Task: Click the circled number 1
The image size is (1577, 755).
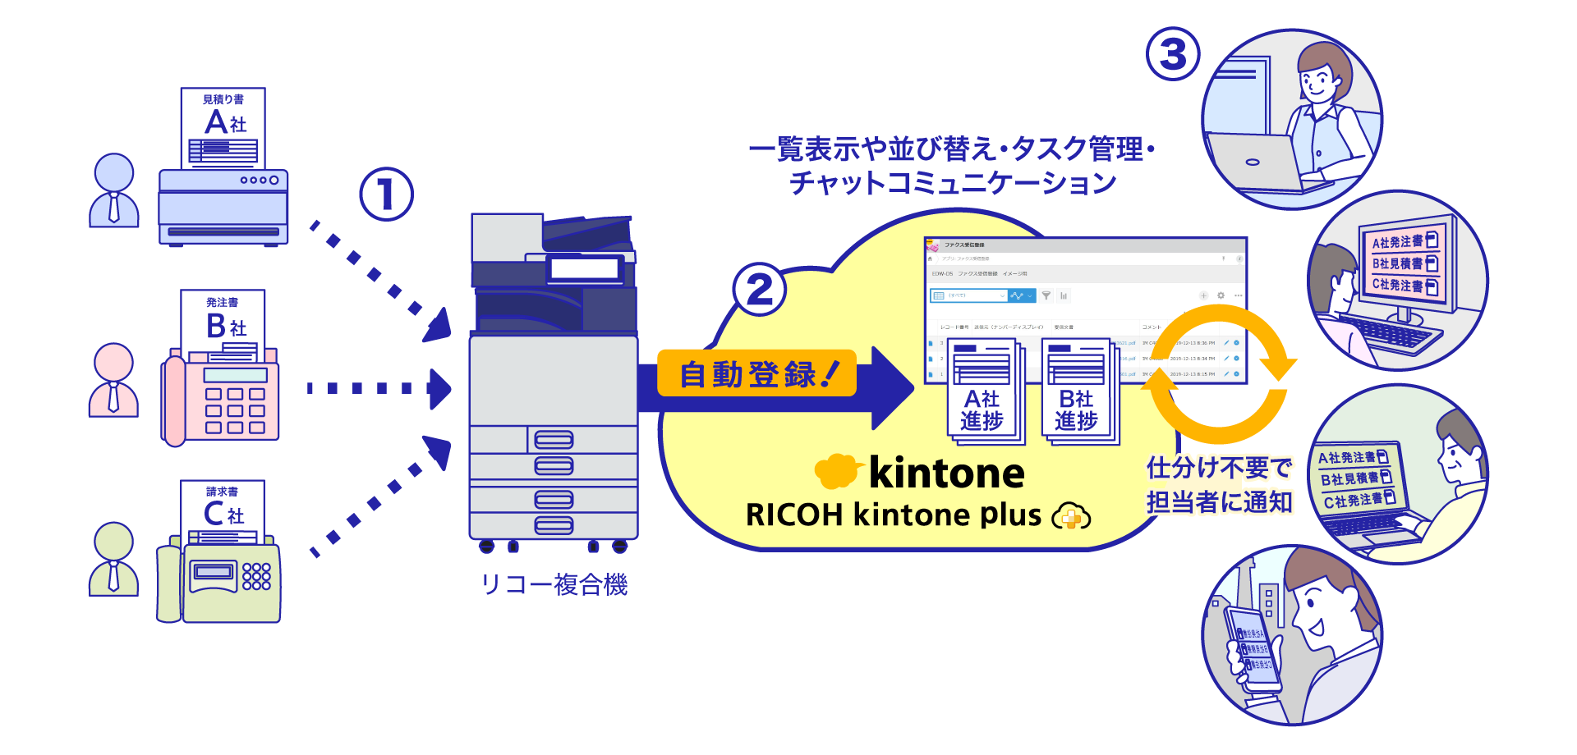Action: pos(386,194)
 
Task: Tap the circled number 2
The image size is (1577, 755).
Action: pos(760,290)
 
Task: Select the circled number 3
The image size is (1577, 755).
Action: pos(1173,55)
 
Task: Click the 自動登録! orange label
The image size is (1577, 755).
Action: pos(756,374)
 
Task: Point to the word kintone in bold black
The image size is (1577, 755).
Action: pos(946,474)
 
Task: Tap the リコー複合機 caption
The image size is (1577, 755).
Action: pos(554,584)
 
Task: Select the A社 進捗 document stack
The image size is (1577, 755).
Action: pos(982,392)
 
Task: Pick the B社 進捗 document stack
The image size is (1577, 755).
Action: pos(1077,392)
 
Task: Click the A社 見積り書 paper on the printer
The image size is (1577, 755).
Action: pos(223,127)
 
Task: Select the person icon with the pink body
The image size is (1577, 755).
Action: pos(113,380)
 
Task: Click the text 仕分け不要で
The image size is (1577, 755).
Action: pos(1219,469)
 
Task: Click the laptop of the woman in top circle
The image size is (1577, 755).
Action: pos(1253,162)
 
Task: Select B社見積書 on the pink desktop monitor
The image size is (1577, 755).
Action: pos(1404,263)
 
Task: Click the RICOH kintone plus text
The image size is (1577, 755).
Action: pos(893,515)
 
